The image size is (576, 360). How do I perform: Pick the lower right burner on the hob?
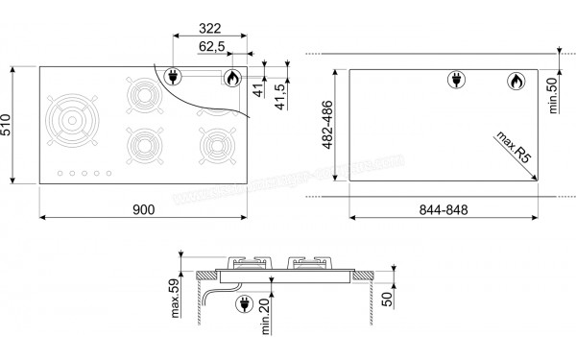212,145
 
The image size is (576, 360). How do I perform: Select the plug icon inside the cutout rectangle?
455,81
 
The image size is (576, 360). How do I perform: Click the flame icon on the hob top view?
231,78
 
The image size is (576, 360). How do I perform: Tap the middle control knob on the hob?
83,174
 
